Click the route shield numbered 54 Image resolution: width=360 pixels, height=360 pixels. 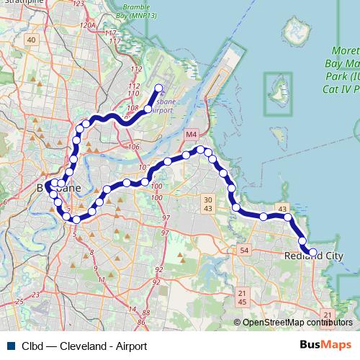244,250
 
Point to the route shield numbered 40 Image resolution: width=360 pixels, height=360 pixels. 30,40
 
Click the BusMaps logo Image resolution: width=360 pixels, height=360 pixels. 325,346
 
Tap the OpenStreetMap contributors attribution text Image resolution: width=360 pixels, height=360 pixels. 293,323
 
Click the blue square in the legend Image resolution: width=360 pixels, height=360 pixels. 10,346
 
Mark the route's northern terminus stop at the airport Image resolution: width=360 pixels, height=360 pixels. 159,89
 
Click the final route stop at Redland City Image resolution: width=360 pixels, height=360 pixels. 312,252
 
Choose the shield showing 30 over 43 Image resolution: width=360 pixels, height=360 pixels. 207,204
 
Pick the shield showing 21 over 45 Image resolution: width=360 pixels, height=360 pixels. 242,297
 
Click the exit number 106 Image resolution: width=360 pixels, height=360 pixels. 133,147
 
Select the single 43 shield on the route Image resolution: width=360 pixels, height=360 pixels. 282,209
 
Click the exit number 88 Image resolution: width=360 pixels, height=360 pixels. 146,313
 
